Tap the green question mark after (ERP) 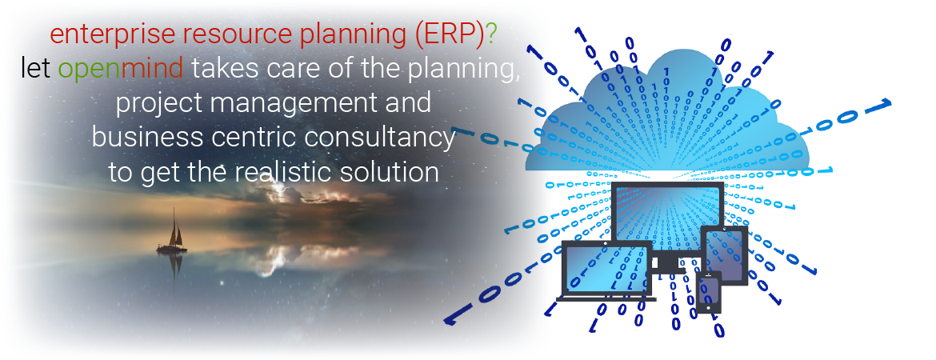pos(490,35)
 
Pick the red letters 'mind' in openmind pos(152,69)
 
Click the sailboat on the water pos(172,232)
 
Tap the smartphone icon pos(709,292)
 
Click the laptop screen pos(606,270)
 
